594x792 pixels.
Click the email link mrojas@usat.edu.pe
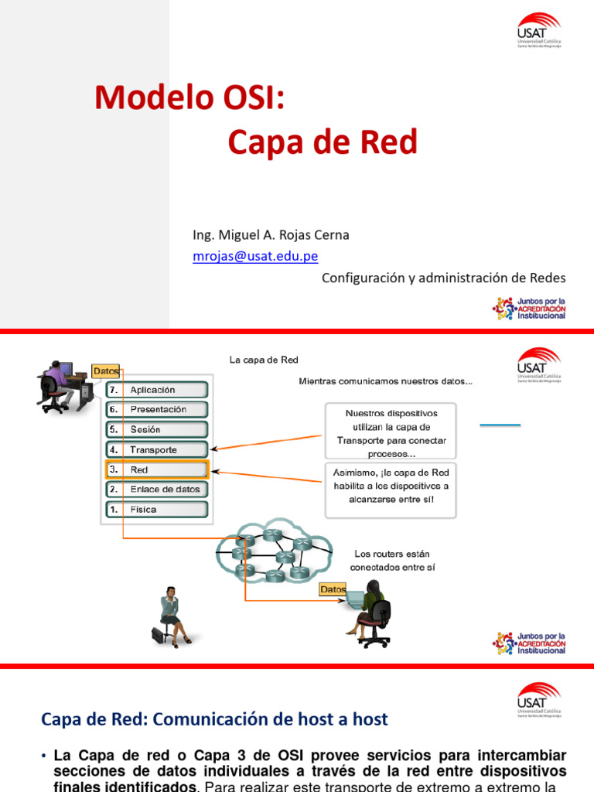click(x=255, y=257)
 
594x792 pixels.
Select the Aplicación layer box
click(x=157, y=390)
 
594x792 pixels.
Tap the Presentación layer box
click(x=157, y=409)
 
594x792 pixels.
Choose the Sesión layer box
click(x=157, y=429)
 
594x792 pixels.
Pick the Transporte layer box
click(x=157, y=449)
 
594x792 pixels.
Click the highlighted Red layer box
click(x=157, y=469)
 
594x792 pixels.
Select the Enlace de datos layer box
click(x=157, y=490)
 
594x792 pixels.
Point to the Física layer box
click(x=157, y=510)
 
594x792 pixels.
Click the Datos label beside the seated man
click(x=106, y=371)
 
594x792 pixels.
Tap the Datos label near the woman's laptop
click(x=333, y=589)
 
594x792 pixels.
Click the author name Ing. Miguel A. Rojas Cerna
click(x=271, y=235)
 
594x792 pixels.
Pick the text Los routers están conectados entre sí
click(x=391, y=560)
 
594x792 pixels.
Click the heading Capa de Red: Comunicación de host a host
click(x=214, y=719)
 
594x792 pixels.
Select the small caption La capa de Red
click(x=264, y=360)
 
